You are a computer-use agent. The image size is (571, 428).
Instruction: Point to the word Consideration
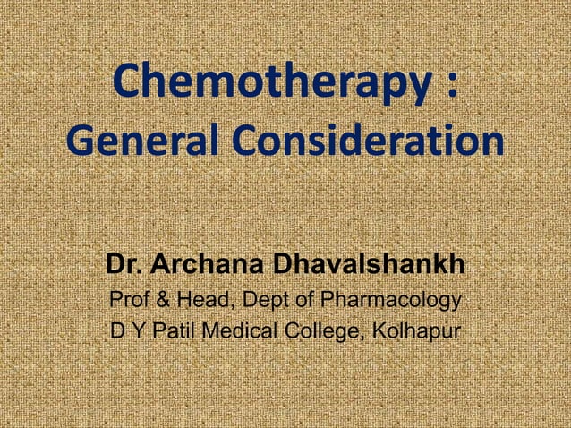click(362, 142)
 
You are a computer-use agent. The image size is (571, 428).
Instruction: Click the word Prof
click(127, 300)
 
